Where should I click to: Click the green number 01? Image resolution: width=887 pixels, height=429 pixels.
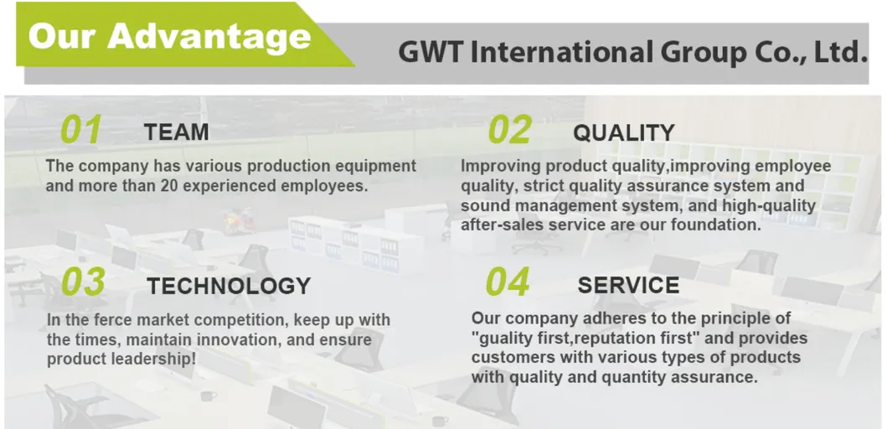click(x=81, y=131)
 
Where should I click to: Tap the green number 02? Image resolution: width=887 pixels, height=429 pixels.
click(x=509, y=131)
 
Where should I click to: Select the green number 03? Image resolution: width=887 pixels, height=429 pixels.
click(x=83, y=282)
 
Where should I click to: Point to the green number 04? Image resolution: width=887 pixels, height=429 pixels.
click(x=508, y=283)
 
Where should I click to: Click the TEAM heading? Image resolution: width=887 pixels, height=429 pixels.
click(x=176, y=132)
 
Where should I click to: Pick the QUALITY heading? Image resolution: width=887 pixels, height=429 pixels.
click(x=623, y=133)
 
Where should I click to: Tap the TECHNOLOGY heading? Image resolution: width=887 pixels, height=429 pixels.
click(x=229, y=286)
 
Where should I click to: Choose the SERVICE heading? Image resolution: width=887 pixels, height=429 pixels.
click(x=628, y=286)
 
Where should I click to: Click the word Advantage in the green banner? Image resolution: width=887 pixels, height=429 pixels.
click(x=209, y=37)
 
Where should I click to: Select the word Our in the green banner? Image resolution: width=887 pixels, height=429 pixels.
click(x=61, y=37)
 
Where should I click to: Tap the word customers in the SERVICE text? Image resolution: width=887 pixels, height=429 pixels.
click(x=513, y=358)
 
